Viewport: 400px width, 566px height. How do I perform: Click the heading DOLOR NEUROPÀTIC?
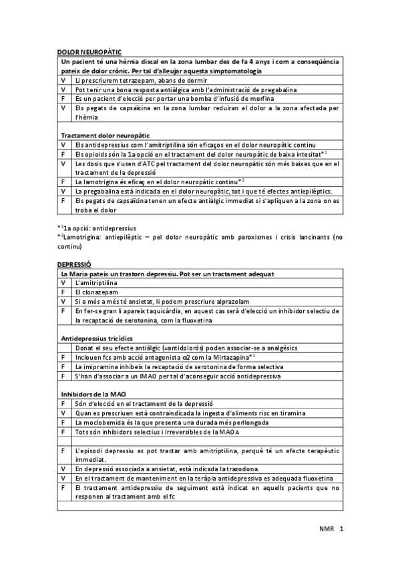[x=89, y=52]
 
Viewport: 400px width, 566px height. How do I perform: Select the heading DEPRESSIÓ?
[x=74, y=265]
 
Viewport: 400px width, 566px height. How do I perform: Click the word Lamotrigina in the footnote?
[x=82, y=236]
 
